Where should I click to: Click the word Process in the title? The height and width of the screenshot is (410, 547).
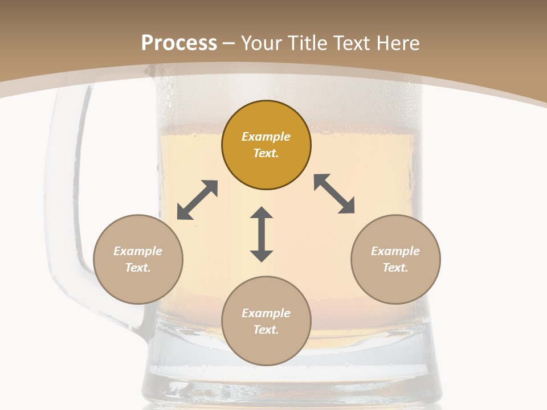point(179,43)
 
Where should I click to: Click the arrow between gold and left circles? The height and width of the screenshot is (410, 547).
point(197,200)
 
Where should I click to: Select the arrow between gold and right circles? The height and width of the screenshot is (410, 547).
point(334,194)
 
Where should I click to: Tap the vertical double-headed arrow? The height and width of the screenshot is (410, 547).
point(262,234)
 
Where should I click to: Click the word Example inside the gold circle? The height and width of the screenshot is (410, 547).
point(266,137)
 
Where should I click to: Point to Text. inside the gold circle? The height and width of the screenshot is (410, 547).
point(266,153)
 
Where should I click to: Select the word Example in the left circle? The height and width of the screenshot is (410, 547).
point(138,251)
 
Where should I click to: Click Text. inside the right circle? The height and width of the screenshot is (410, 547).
point(395,268)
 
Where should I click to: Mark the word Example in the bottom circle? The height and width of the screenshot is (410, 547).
point(266,313)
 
